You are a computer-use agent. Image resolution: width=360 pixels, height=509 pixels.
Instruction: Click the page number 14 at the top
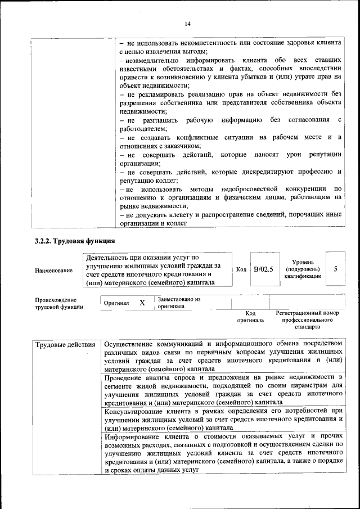click(187, 23)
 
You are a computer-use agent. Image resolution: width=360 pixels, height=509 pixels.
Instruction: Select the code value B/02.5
click(263, 269)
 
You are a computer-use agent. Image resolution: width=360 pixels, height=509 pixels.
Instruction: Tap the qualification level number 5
click(335, 269)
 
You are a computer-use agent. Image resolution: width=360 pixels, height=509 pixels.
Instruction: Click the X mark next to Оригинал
click(142, 303)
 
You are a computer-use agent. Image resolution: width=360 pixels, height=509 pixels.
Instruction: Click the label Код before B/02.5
click(241, 269)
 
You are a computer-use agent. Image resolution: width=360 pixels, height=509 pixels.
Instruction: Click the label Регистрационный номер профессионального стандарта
click(307, 319)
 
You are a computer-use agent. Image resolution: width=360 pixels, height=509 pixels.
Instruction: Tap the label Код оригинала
click(251, 317)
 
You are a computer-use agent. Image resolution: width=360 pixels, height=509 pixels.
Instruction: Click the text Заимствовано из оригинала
click(179, 303)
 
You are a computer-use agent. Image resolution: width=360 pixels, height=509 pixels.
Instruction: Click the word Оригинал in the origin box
click(116, 304)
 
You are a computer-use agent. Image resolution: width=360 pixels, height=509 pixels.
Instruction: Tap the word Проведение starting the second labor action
click(126, 376)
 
